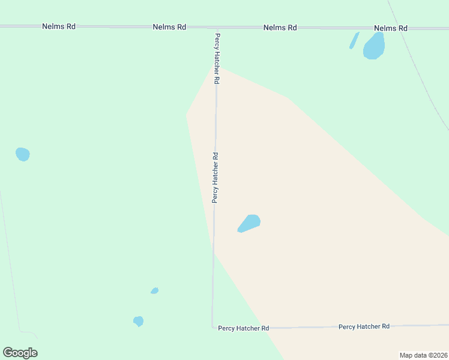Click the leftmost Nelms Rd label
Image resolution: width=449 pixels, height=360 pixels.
click(59, 27)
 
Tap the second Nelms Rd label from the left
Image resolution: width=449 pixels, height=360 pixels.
click(169, 27)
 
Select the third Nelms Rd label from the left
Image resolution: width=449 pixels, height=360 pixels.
click(280, 28)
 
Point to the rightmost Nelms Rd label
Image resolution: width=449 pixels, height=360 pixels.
click(390, 28)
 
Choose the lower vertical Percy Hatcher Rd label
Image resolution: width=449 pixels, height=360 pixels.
click(215, 177)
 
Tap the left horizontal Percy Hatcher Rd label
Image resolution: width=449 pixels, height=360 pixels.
click(243, 328)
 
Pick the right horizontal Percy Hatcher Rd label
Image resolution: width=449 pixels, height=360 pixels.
click(364, 326)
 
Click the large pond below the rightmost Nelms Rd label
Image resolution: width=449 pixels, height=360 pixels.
click(374, 46)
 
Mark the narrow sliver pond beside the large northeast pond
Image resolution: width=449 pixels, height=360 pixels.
click(354, 41)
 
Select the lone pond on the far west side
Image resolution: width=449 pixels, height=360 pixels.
click(23, 154)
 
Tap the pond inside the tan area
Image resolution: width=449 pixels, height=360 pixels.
click(249, 223)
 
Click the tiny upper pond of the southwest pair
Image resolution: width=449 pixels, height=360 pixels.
click(154, 291)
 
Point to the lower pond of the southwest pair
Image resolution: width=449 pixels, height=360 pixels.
click(139, 321)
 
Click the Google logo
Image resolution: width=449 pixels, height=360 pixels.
click(20, 353)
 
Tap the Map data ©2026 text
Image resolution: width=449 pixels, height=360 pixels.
click(423, 355)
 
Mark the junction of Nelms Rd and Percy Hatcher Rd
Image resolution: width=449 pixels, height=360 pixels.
click(216, 28)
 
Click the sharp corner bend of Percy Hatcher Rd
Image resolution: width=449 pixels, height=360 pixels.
click(212, 326)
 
